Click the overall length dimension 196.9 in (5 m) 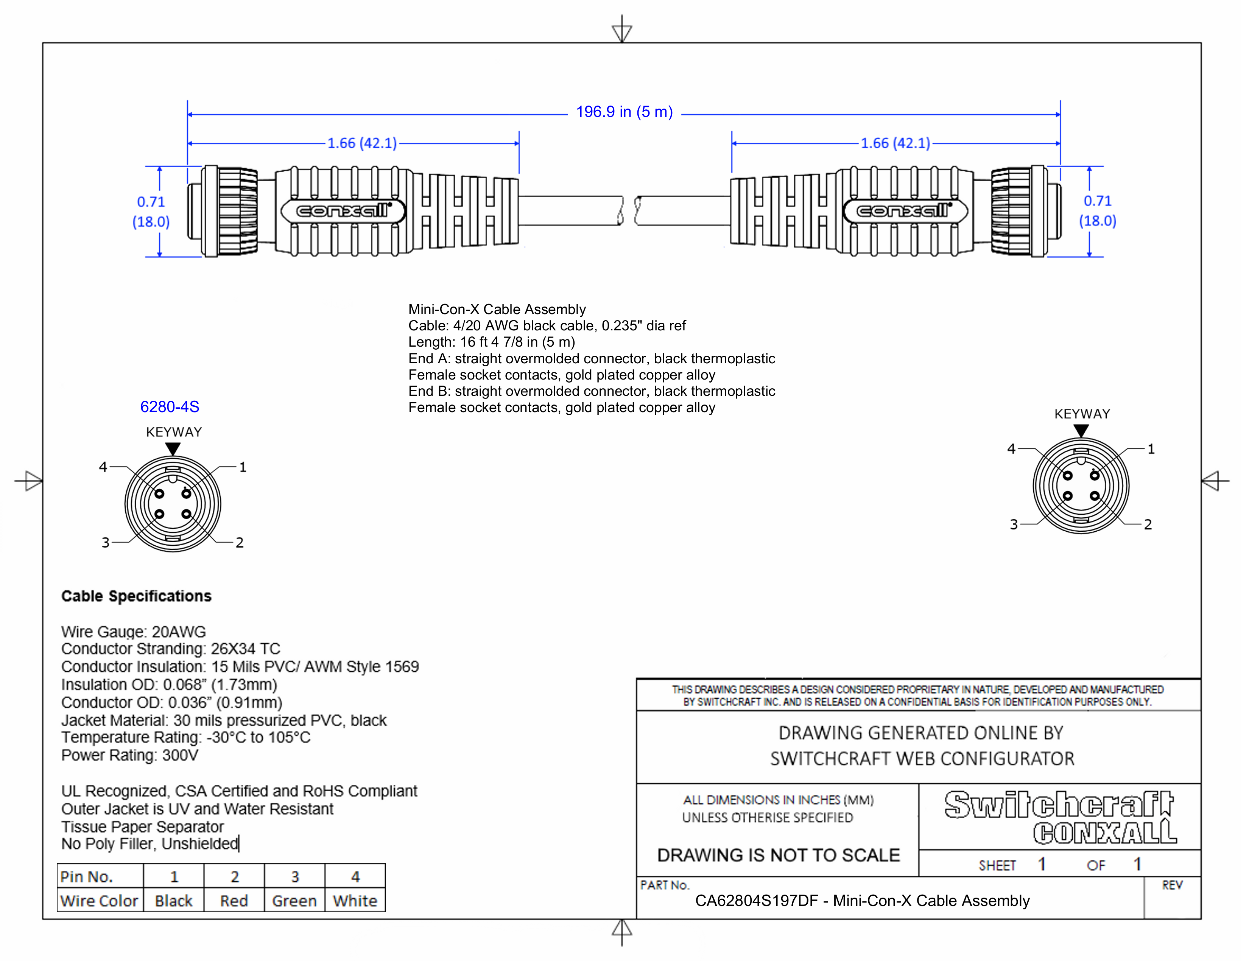pyautogui.click(x=624, y=112)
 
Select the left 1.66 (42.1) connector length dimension pyautogui.click(x=361, y=143)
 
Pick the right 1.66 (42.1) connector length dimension pyautogui.click(x=895, y=143)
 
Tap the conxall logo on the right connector pyautogui.click(x=904, y=211)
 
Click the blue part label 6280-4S pyautogui.click(x=170, y=407)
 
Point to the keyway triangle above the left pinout pyautogui.click(x=173, y=449)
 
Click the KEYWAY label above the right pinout pyautogui.click(x=1081, y=414)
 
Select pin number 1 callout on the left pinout pyautogui.click(x=243, y=467)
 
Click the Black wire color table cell pyautogui.click(x=173, y=901)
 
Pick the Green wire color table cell pyautogui.click(x=294, y=901)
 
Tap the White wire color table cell pyautogui.click(x=355, y=901)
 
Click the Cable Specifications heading pyautogui.click(x=136, y=596)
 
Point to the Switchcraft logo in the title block pyautogui.click(x=1059, y=805)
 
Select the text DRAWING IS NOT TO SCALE pyautogui.click(x=778, y=855)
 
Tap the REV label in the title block pyautogui.click(x=1172, y=886)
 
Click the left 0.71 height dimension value pyautogui.click(x=151, y=202)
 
